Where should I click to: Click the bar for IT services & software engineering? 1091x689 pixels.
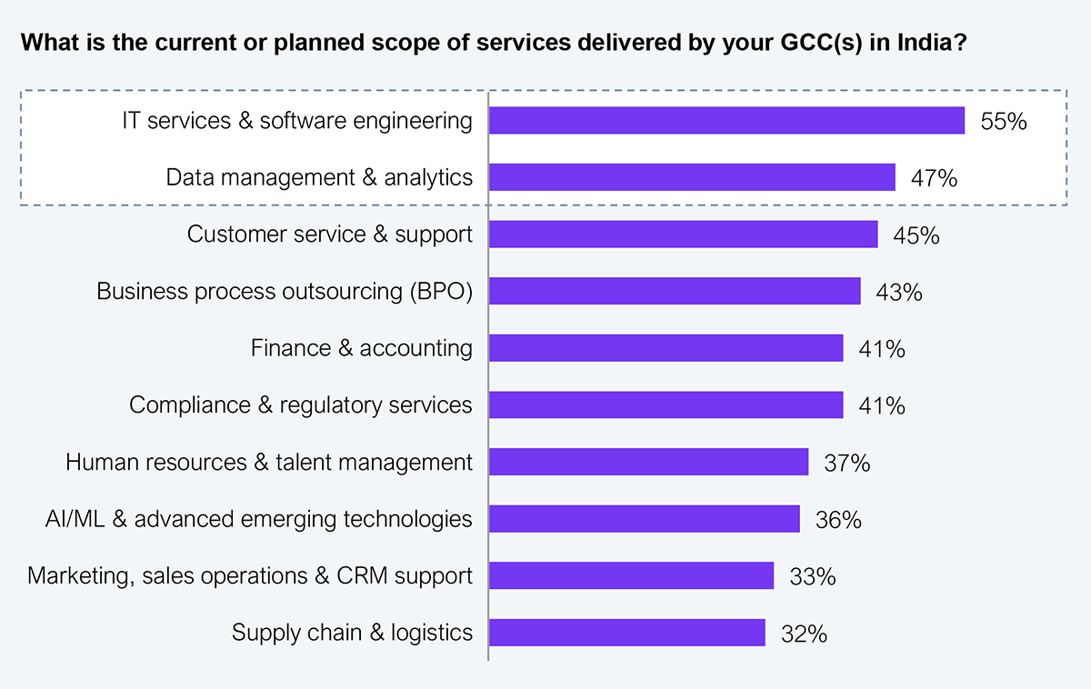726,121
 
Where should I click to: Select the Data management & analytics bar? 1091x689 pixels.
692,177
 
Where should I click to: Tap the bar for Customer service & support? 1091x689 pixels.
684,235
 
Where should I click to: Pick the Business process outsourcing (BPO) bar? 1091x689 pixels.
675,291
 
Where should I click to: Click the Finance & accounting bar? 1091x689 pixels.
666,348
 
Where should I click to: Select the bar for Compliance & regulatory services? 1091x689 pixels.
666,404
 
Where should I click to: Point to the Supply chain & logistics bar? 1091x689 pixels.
627,633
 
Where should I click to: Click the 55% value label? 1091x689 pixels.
1004,121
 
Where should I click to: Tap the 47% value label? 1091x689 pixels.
934,178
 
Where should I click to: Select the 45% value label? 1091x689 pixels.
916,235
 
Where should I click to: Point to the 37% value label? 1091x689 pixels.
847,463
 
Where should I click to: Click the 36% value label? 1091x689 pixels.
838,520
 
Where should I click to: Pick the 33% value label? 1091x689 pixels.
813,576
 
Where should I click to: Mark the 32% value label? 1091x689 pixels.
804,634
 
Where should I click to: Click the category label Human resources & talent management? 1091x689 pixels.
269,463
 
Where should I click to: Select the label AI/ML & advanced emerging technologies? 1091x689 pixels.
259,519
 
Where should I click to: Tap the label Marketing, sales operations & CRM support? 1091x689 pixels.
250,576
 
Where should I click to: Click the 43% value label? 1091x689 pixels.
899,292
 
